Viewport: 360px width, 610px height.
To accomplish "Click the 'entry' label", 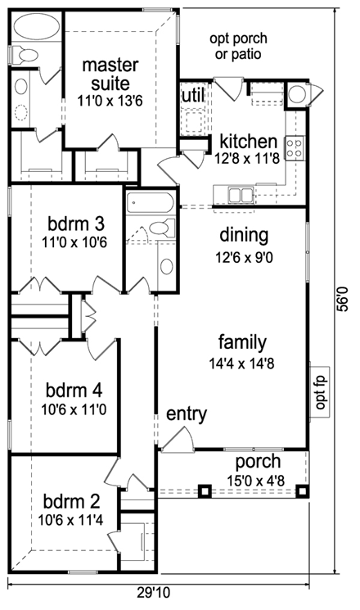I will (x=187, y=414).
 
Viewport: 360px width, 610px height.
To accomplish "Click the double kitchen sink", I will (x=241, y=195).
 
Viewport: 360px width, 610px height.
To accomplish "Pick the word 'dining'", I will (x=244, y=236).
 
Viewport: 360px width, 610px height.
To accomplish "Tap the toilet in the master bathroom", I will (x=25, y=55).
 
